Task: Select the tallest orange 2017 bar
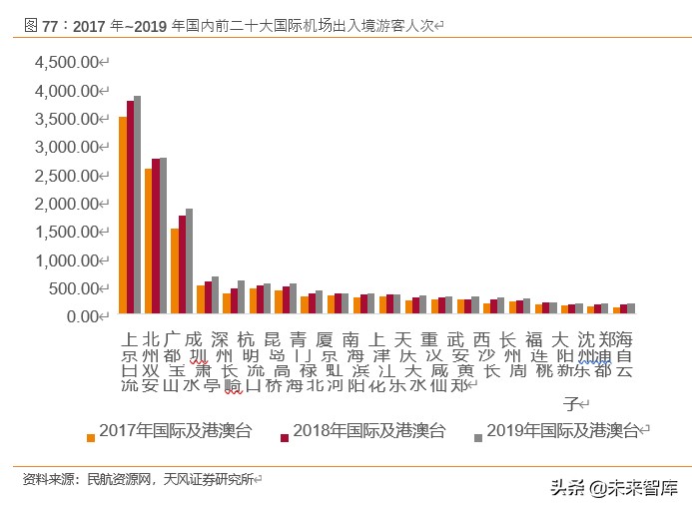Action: [122, 216]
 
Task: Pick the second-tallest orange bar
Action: [148, 242]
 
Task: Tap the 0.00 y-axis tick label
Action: [83, 316]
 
